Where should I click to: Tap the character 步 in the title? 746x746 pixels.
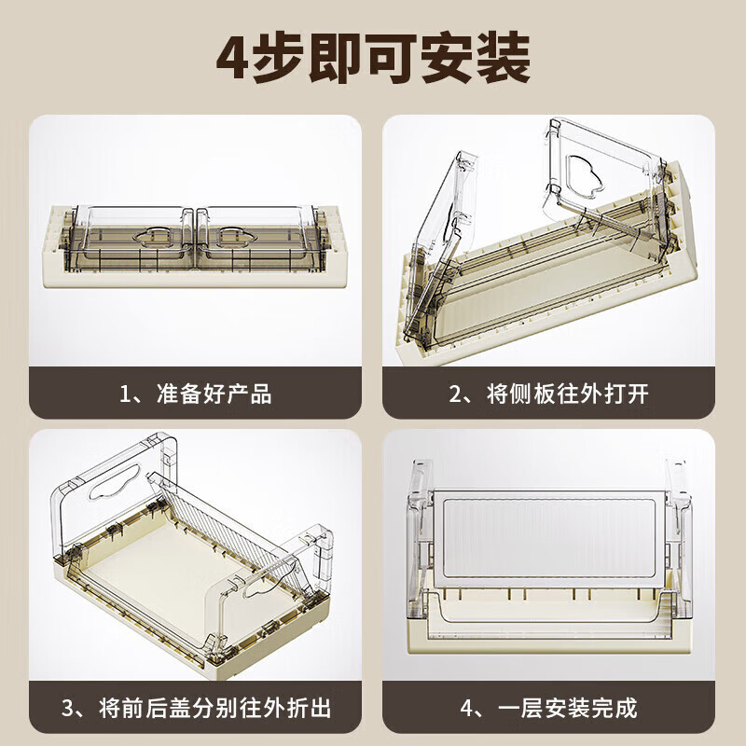tap(276, 58)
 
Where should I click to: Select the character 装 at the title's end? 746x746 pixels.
tap(504, 58)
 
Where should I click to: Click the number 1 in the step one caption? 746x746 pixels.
tap(125, 394)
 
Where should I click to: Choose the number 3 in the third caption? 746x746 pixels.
tap(68, 708)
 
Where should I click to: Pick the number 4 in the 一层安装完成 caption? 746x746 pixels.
tap(467, 708)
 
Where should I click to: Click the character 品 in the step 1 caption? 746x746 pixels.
tap(261, 394)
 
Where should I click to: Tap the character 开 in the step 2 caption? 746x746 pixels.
tap(638, 394)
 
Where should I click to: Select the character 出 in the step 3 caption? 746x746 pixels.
tap(320, 708)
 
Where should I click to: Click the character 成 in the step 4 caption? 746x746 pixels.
tap(626, 708)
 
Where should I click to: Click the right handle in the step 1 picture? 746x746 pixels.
tap(237, 237)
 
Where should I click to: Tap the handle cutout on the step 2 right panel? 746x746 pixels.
tap(585, 174)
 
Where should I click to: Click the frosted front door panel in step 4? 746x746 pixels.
tap(548, 540)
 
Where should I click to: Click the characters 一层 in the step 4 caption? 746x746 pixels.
tap(520, 708)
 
